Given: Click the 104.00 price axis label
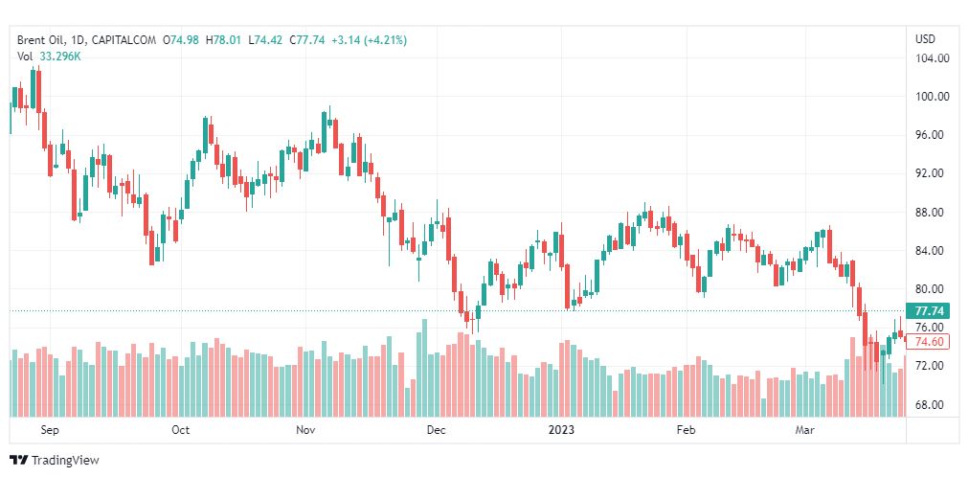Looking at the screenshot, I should [932, 58].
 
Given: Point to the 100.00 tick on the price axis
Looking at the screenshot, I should [932, 97].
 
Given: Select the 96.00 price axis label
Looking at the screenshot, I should [932, 135].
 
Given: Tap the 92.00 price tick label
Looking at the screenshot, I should [932, 173].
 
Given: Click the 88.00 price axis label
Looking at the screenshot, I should [932, 213].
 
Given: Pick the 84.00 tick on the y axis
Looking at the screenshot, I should [932, 251].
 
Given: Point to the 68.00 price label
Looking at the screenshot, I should [932, 405].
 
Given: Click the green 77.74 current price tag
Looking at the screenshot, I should [930, 311].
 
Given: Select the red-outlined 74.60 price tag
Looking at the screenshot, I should [930, 342].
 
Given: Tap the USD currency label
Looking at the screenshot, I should [925, 39].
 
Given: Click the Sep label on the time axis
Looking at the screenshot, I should [50, 430].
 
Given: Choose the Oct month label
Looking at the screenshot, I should [180, 430].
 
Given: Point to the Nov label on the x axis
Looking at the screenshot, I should [306, 430].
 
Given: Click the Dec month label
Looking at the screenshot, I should [436, 430].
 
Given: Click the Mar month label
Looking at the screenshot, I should [804, 430].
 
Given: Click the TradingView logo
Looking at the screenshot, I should [55, 461].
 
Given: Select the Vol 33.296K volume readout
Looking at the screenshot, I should [49, 57].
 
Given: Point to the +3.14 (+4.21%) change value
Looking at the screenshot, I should [369, 40].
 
